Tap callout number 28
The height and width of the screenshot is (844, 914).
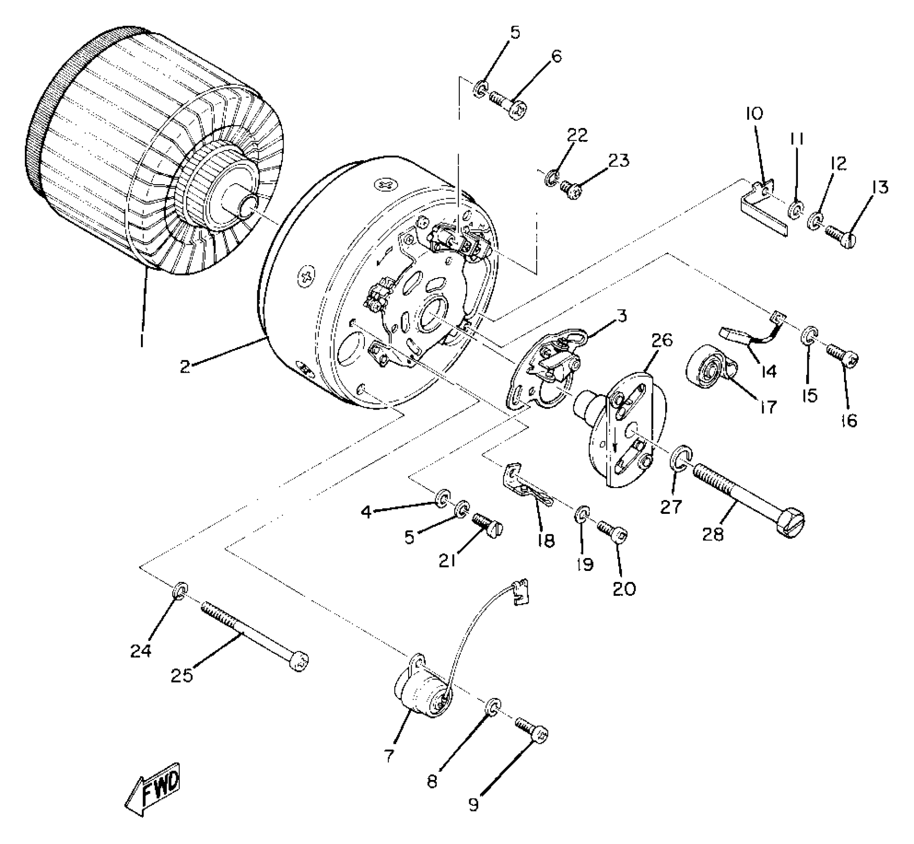(x=713, y=534)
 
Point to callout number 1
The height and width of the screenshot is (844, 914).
(x=142, y=341)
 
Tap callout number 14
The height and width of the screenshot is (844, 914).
(x=768, y=371)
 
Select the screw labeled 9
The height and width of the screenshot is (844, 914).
(x=532, y=731)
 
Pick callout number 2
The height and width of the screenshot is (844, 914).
(x=185, y=367)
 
